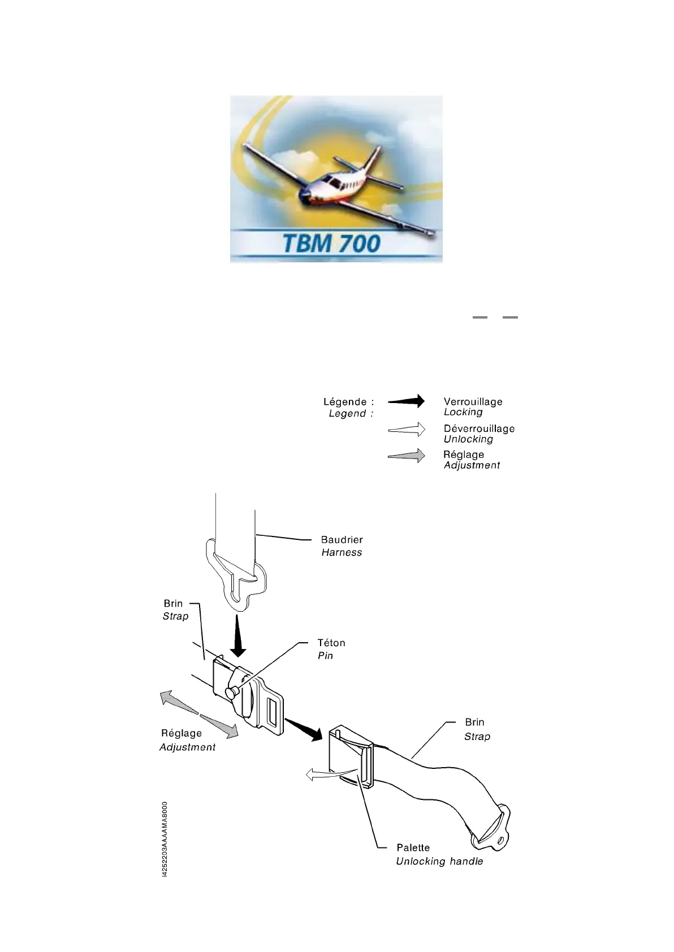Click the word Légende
pyautogui.click(x=344, y=402)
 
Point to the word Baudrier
pyautogui.click(x=342, y=540)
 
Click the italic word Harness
pyautogui.click(x=342, y=553)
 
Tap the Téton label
pyautogui.click(x=331, y=643)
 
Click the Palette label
pyautogui.click(x=413, y=848)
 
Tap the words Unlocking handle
pyautogui.click(x=439, y=862)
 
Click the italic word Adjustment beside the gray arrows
pyautogui.click(x=187, y=747)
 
